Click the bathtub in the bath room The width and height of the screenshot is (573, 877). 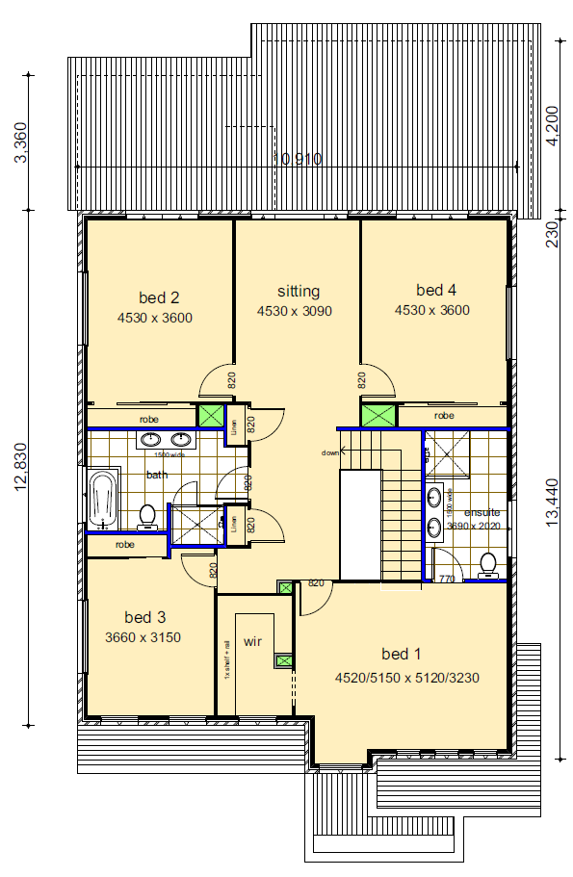click(x=102, y=500)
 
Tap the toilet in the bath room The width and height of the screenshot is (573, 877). click(x=147, y=517)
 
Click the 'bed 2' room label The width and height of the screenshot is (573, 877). click(x=162, y=297)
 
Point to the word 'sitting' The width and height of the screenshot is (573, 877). click(x=298, y=291)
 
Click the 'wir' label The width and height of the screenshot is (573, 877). click(x=253, y=640)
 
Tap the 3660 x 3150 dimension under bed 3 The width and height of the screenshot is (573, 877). click(x=143, y=637)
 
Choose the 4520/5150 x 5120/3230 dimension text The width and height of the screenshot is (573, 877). click(x=406, y=678)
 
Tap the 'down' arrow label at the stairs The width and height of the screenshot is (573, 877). click(x=330, y=452)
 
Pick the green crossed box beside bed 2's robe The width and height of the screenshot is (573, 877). click(x=209, y=416)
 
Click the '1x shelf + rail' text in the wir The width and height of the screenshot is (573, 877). click(x=227, y=659)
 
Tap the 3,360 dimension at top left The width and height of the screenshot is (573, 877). click(x=21, y=142)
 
